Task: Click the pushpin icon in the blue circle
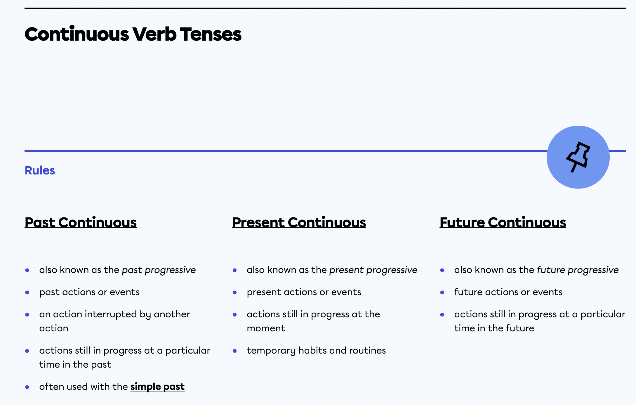coord(578,157)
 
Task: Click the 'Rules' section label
coord(40,170)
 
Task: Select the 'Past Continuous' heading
coord(81,222)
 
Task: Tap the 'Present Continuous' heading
coord(299,222)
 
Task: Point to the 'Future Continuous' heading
coord(503,222)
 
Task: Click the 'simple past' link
coord(157,387)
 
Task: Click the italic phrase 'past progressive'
coord(159,270)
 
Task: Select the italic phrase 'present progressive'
coord(373,270)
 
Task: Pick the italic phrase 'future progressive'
coord(578,270)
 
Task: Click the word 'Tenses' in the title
coord(211,34)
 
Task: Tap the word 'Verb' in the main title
coord(154,34)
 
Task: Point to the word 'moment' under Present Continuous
coord(266,328)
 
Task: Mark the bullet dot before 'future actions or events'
coord(442,292)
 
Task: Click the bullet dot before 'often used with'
coord(27,387)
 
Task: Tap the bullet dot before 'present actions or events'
coord(234,292)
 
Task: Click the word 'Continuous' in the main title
coord(77,34)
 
